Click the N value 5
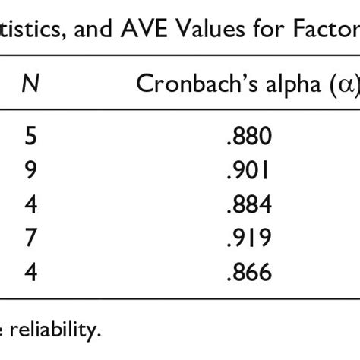click(x=30, y=137)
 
